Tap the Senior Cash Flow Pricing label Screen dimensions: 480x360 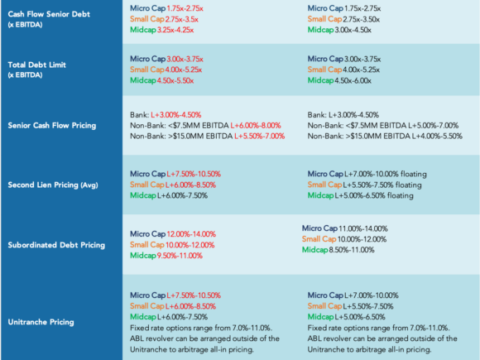pos(52,126)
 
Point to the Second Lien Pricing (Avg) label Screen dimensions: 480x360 pos(53,185)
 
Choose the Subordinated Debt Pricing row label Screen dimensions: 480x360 pos(56,245)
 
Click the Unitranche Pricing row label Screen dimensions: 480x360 pos(41,322)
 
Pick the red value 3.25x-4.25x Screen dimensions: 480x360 pos(175,30)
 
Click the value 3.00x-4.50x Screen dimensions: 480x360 pos(353,30)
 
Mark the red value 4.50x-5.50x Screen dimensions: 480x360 pos(175,81)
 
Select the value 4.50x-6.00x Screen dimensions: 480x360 pos(353,81)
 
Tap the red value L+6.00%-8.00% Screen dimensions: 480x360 pos(256,126)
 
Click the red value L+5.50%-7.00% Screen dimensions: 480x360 pos(260,137)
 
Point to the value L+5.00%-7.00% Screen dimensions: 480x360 pos(433,126)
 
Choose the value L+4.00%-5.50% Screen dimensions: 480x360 pos(437,137)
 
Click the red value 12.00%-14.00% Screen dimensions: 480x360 pos(191,234)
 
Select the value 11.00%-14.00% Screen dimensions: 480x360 pos(363,228)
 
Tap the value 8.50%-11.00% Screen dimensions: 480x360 pos(352,250)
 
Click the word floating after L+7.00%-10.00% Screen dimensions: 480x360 pos(414,174)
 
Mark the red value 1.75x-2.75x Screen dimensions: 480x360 pos(185,8)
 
